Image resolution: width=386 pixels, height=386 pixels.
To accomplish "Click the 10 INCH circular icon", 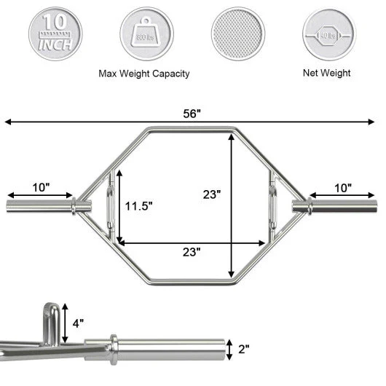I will click(55, 33).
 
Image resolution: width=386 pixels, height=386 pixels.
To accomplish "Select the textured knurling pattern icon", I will click(236, 33).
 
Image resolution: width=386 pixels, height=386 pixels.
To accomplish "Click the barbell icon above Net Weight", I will click(327, 33).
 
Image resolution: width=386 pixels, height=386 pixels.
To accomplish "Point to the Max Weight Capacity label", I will click(144, 74).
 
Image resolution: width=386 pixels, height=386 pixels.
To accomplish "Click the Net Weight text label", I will click(327, 73).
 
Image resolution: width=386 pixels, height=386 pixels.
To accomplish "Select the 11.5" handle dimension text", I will click(138, 206).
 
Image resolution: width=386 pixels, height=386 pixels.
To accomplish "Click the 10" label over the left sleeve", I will click(42, 187).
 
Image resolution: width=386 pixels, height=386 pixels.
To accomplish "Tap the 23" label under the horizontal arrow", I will click(191, 252).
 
